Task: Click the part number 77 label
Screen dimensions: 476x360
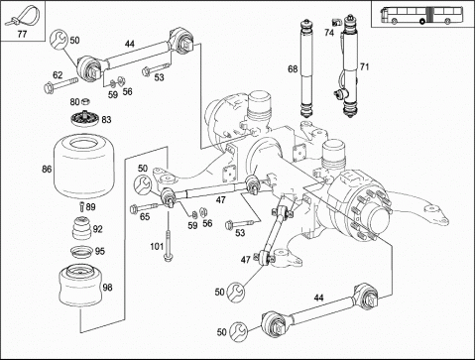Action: pyautogui.click(x=22, y=34)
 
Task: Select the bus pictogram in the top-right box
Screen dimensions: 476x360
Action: pyautogui.click(x=421, y=16)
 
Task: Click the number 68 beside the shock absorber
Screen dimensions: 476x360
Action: pyautogui.click(x=293, y=69)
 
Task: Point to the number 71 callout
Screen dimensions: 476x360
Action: pyautogui.click(x=364, y=67)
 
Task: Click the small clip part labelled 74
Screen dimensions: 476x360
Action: pyautogui.click(x=337, y=23)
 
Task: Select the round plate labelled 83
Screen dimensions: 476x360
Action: pyautogui.click(x=84, y=118)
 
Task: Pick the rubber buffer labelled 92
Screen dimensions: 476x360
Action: pyautogui.click(x=81, y=228)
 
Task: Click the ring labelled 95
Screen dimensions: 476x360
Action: pyautogui.click(x=81, y=252)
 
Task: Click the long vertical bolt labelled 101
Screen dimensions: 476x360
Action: pyautogui.click(x=169, y=246)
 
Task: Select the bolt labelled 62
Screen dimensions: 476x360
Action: pyautogui.click(x=60, y=85)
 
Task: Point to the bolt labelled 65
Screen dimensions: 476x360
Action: pyautogui.click(x=144, y=207)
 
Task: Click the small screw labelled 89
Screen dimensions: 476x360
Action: pyautogui.click(x=81, y=206)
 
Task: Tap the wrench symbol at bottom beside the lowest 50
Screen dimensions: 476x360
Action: pyautogui.click(x=239, y=332)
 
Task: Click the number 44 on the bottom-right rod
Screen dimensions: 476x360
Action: pyautogui.click(x=318, y=298)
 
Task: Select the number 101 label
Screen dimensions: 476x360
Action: pyautogui.click(x=157, y=246)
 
